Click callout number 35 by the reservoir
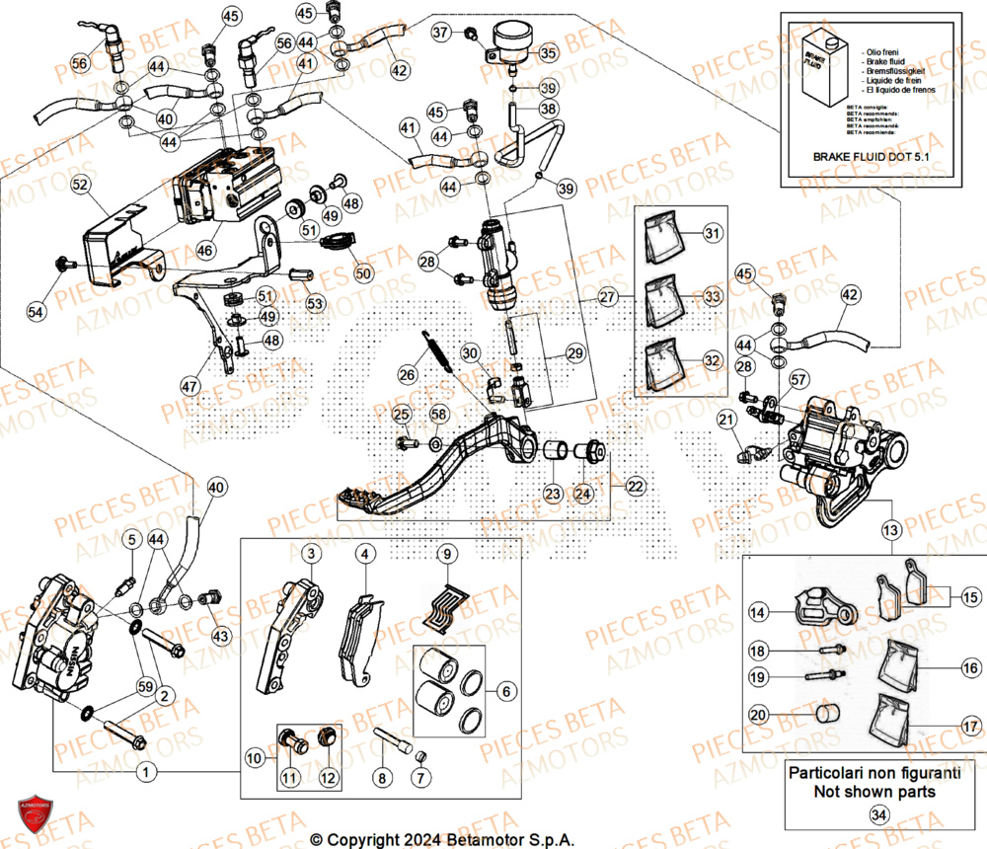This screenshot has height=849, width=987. pyautogui.click(x=548, y=52)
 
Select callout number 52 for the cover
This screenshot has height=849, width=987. pyautogui.click(x=80, y=185)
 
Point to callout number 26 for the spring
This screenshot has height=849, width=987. pyautogui.click(x=408, y=375)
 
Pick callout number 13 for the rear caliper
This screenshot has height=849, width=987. pyautogui.click(x=891, y=530)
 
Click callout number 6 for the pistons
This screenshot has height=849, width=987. pyautogui.click(x=506, y=692)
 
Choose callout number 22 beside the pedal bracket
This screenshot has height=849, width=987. pyautogui.click(x=632, y=486)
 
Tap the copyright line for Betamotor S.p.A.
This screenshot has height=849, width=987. pyautogui.click(x=441, y=839)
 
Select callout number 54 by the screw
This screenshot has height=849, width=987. pyautogui.click(x=37, y=312)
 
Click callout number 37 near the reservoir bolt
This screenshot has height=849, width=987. pyautogui.click(x=441, y=33)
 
